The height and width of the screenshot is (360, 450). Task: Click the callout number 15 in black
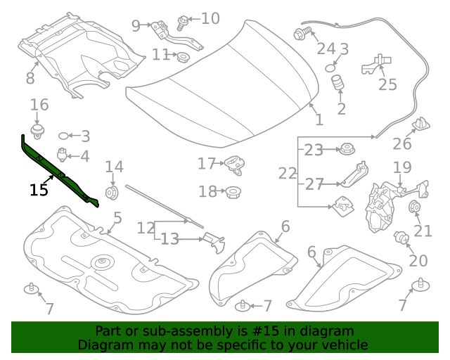tap(39, 190)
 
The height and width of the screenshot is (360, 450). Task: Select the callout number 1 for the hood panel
tap(319, 120)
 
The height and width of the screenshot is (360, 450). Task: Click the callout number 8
tap(30, 78)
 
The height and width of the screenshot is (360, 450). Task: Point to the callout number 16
tap(39, 105)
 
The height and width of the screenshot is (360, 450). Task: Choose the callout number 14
tap(114, 167)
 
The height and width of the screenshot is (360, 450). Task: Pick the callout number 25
tap(387, 85)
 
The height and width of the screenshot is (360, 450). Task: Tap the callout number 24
tap(326, 49)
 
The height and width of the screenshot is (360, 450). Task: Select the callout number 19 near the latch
tap(401, 167)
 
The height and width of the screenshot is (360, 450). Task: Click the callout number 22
tap(288, 173)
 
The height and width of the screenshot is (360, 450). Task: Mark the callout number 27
tap(314, 184)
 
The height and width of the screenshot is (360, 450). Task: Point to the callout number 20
tap(418, 261)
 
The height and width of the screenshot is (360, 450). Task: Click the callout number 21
tap(423, 231)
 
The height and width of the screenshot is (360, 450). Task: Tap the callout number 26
tap(401, 144)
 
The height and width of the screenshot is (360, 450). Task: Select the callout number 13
tap(170, 240)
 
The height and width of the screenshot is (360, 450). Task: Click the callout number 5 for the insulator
tap(117, 218)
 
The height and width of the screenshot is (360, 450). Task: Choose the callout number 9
tap(136, 26)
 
